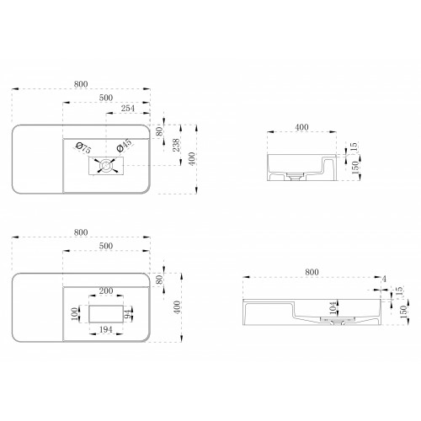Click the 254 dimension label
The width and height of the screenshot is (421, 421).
pos(128,109)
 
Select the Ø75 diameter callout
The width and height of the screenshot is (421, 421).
pos(83,148)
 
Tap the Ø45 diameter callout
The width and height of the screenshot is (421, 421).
pos(124,145)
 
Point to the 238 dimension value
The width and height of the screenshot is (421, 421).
pos(176,145)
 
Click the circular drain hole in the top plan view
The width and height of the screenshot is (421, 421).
pos(106,166)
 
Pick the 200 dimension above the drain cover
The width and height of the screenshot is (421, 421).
pos(106,290)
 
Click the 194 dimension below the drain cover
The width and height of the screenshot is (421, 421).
pos(106,329)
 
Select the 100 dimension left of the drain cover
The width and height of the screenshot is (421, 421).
pos(74,314)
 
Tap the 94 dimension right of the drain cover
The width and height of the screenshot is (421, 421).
pos(128,314)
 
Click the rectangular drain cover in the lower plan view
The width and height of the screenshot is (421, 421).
pos(106,314)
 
